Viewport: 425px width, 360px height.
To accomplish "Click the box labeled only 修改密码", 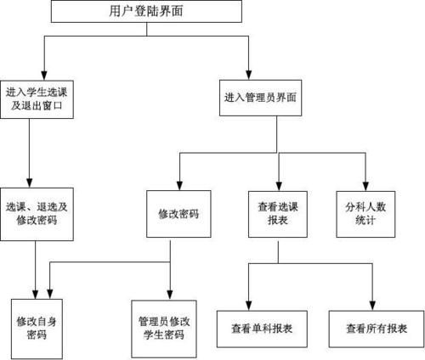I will pyautogui.click(x=179, y=212).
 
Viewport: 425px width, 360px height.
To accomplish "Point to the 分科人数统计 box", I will pyautogui.click(x=366, y=211).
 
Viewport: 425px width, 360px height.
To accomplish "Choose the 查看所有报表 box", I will pyautogui.click(x=375, y=326).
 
